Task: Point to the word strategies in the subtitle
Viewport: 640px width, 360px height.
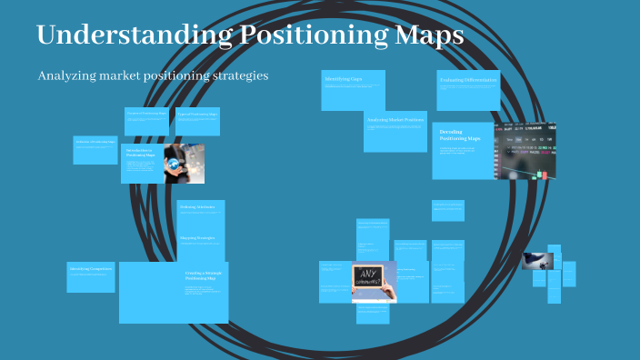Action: [239, 76]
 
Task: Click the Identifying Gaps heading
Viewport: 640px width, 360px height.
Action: [343, 80]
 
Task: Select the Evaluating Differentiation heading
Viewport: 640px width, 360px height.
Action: [468, 81]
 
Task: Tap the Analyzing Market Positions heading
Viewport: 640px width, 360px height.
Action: [395, 120]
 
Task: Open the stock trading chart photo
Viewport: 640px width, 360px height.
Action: [525, 151]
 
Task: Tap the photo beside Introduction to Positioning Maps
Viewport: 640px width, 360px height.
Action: [184, 164]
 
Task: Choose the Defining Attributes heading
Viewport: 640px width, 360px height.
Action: [197, 207]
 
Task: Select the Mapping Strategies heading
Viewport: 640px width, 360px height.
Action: [197, 237]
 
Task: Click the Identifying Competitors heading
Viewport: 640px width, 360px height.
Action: [91, 270]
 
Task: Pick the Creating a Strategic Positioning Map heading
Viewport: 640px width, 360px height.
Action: [204, 275]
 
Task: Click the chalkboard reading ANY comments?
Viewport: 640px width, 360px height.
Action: [375, 280]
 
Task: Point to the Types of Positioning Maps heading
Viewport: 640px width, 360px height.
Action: [197, 115]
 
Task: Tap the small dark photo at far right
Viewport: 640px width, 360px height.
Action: [537, 261]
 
